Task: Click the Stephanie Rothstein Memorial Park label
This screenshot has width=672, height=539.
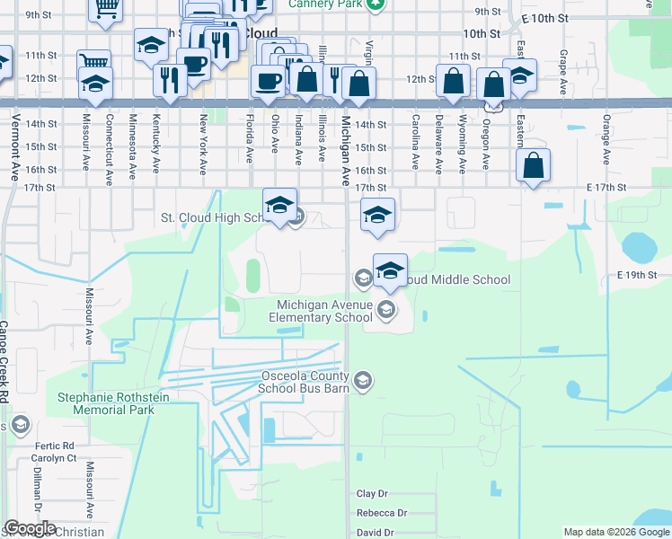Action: click(x=106, y=403)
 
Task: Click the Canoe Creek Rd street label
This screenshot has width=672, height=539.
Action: click(x=4, y=360)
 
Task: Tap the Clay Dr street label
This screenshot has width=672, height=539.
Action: click(x=372, y=494)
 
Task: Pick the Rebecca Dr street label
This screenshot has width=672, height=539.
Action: click(x=382, y=513)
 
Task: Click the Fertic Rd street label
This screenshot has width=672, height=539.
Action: click(x=55, y=446)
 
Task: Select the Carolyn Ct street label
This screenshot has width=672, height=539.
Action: click(x=56, y=458)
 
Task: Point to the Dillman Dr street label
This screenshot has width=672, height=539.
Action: click(x=39, y=490)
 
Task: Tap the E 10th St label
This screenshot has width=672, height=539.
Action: click(x=545, y=18)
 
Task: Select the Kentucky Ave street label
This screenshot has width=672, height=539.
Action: click(x=156, y=143)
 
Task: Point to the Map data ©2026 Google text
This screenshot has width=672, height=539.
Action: click(x=615, y=532)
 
